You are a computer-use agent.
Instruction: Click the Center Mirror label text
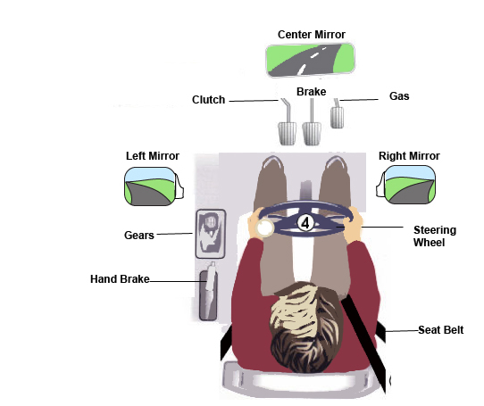[x=312, y=35]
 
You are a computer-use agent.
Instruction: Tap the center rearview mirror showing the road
[x=310, y=60]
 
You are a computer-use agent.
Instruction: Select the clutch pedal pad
[x=288, y=133]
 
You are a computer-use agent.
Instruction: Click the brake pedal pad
[x=312, y=133]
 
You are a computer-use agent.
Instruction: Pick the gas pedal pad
[x=337, y=117]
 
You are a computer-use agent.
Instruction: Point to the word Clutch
[x=208, y=100]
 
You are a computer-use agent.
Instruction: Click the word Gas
[x=399, y=96]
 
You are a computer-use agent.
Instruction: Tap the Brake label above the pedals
[x=311, y=92]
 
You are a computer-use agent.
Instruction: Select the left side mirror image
[x=154, y=186]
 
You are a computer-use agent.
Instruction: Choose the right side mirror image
[x=406, y=185]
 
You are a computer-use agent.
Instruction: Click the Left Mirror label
[x=153, y=156]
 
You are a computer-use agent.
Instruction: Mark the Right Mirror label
[x=409, y=156]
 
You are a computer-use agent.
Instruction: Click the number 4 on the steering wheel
[x=305, y=223]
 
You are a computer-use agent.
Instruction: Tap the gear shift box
[x=211, y=234]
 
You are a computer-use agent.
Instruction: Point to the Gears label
[x=139, y=236]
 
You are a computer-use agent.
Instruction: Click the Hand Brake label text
[x=120, y=279]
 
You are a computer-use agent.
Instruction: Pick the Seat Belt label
[x=441, y=330]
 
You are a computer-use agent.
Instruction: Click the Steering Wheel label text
[x=435, y=236]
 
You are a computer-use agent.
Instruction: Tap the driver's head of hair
[x=306, y=327]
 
